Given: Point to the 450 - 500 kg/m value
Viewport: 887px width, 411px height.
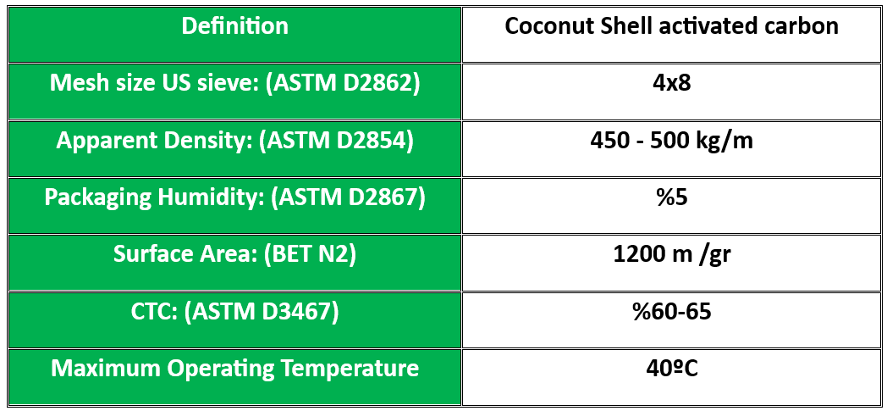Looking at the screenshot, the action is (x=671, y=141).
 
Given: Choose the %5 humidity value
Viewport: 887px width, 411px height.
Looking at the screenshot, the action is (x=671, y=197).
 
